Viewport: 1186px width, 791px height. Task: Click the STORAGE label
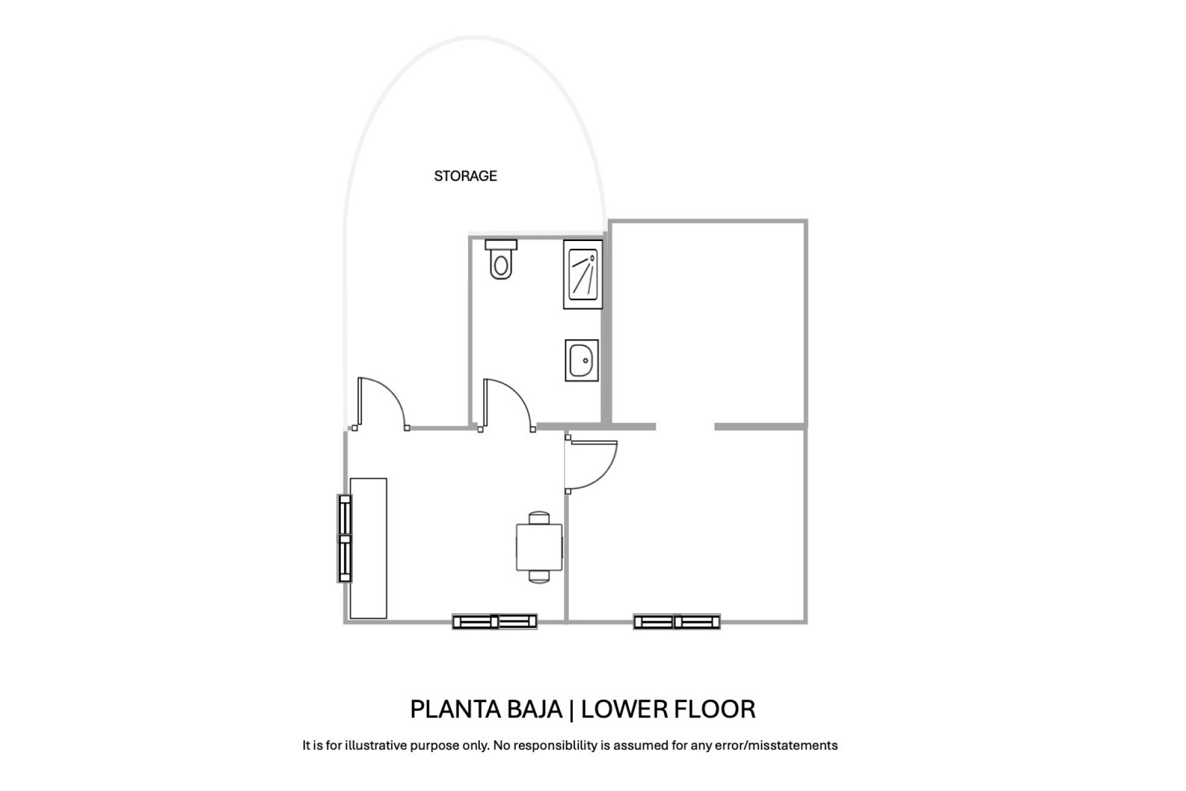[465, 176]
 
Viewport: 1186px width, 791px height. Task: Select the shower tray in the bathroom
[582, 274]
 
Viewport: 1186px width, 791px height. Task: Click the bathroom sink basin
[581, 360]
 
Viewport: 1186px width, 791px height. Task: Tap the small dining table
[539, 548]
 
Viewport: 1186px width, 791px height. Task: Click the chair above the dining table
[539, 518]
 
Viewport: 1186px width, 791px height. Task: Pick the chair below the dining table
[539, 577]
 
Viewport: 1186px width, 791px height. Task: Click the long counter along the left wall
[368, 548]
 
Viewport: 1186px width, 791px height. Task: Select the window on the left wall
[345, 538]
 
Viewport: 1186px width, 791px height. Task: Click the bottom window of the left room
[495, 622]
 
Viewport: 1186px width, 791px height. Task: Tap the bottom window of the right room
[677, 622]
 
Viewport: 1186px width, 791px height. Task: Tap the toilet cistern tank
[501, 245]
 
